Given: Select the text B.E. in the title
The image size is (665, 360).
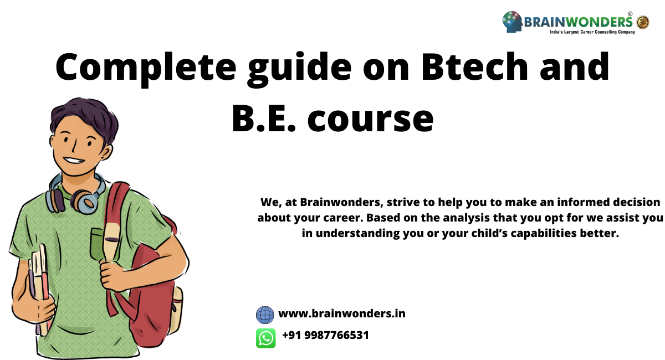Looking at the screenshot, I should (263, 118).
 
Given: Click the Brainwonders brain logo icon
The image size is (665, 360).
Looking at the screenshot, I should (513, 22).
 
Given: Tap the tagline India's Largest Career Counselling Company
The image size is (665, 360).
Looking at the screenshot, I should (592, 33).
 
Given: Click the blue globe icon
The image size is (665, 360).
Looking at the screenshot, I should (265, 315).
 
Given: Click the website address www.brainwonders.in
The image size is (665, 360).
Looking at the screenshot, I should (341, 314).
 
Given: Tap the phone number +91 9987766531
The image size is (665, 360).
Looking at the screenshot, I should (325, 336).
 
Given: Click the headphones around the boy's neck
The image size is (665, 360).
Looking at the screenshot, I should (78, 194).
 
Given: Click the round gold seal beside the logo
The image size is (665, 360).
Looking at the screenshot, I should (643, 22).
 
